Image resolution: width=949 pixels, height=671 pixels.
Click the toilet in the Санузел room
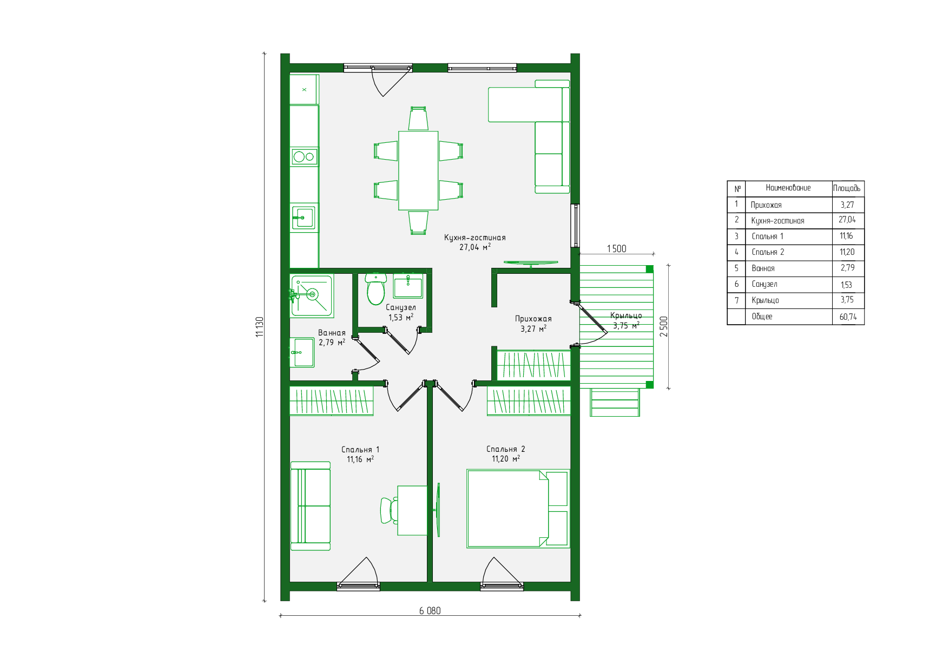[x=376, y=289]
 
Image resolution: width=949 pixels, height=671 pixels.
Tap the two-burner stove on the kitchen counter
[x=304, y=157]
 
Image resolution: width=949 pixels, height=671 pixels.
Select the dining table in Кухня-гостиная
[x=418, y=170]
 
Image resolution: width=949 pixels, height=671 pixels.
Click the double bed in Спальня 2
[x=518, y=509]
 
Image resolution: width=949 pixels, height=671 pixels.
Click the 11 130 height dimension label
[x=260, y=327]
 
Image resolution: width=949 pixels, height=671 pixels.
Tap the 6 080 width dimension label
[x=430, y=610]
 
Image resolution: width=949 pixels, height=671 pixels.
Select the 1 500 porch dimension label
[x=616, y=248]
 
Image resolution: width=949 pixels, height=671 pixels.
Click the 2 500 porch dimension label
[x=664, y=326]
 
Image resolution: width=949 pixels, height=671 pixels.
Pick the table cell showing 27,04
[x=847, y=220]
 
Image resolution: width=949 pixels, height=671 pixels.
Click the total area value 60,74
[x=848, y=317]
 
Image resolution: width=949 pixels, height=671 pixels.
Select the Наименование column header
[x=788, y=188]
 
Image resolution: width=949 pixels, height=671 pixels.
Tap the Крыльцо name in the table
[x=765, y=300]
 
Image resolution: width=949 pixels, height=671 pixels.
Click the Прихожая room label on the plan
[x=533, y=319]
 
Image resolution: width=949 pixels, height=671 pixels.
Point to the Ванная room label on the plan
[x=332, y=333]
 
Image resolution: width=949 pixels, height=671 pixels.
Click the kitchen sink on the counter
[x=304, y=218]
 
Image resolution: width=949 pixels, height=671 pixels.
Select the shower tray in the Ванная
[x=311, y=295]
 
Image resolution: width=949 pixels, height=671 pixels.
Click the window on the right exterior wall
[x=576, y=226]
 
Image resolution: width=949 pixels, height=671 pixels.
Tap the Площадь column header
[x=847, y=188]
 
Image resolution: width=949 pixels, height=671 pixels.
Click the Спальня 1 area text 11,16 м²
[x=360, y=459]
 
